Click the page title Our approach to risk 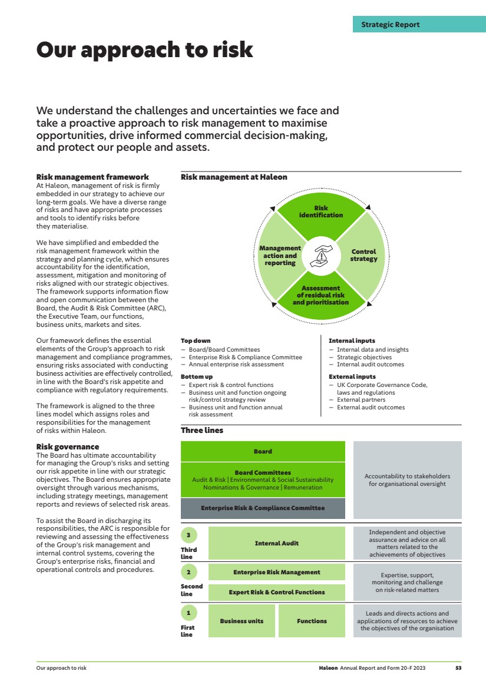coord(145,50)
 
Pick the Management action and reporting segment coord(280,256)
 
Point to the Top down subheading coord(196,341)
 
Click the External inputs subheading coord(352,376)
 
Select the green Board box coord(263,452)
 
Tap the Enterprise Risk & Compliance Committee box coord(263,508)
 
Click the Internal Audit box coord(276,543)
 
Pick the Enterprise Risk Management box coord(276,572)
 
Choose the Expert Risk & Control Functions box coord(276,592)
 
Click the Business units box coord(242,621)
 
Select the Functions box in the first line coord(312,621)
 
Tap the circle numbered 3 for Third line coord(188,535)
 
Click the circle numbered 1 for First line coord(188,613)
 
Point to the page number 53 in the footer coord(458,668)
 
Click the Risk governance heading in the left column coord(68,447)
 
